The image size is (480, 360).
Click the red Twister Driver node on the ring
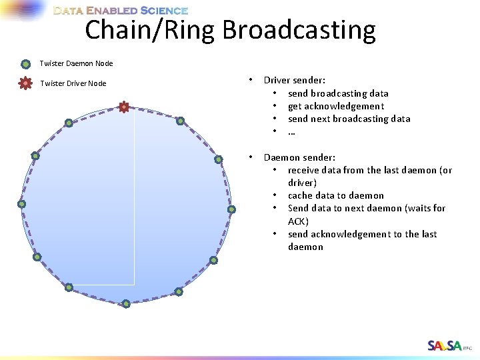(123, 107)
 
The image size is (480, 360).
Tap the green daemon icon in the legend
(25, 64)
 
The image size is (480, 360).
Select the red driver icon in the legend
(25, 83)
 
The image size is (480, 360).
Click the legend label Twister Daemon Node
(76, 64)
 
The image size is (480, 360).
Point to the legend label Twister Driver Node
(73, 83)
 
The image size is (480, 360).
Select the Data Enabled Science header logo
(120, 11)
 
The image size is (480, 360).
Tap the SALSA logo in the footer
(445, 345)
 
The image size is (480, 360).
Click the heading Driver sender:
(294, 80)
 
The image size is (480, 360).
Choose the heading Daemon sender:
(299, 157)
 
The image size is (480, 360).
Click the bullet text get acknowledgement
(336, 106)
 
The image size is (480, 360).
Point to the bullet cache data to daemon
(336, 195)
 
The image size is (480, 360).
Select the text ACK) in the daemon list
(298, 221)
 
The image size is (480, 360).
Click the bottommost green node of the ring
(126, 304)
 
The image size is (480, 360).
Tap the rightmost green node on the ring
(231, 209)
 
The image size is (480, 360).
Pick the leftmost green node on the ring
(21, 204)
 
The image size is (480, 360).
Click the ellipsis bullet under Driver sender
(291, 132)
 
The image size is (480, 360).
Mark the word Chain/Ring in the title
(151, 30)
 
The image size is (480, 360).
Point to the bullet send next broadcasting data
(349, 119)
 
